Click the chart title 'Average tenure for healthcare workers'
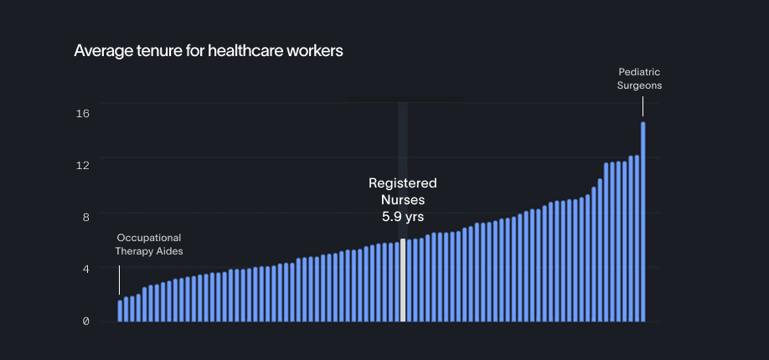[209, 51]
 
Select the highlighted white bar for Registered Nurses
[403, 280]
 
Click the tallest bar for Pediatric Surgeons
[643, 222]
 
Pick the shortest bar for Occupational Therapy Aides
[120, 311]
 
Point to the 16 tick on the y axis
[83, 113]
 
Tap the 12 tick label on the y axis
[83, 165]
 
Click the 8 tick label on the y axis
[83, 217]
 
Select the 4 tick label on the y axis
[83, 269]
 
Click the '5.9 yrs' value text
[403, 217]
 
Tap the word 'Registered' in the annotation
[403, 183]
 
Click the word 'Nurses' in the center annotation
[403, 200]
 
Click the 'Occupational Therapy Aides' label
[149, 244]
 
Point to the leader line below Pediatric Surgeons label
[643, 106]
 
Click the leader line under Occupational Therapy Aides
[119, 280]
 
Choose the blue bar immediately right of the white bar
[410, 280]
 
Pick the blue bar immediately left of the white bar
[397, 282]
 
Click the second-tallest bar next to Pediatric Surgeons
[637, 239]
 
